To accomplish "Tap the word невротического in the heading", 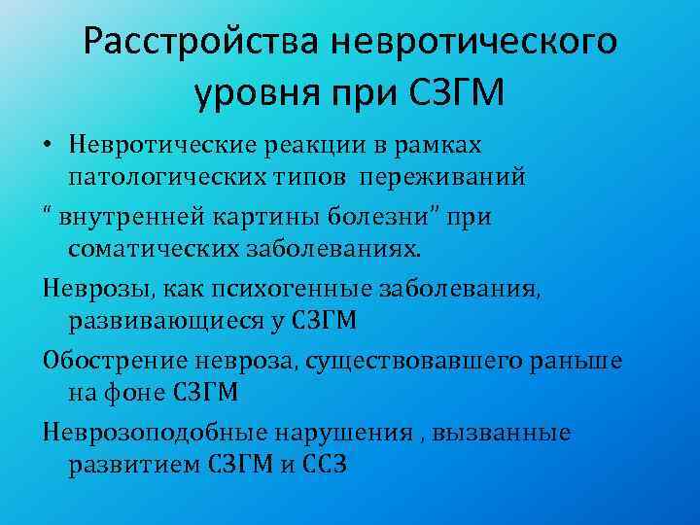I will (473, 43).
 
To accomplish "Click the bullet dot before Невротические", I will (48, 146).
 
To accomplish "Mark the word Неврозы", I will (87, 288).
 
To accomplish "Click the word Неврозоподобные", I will (148, 432).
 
